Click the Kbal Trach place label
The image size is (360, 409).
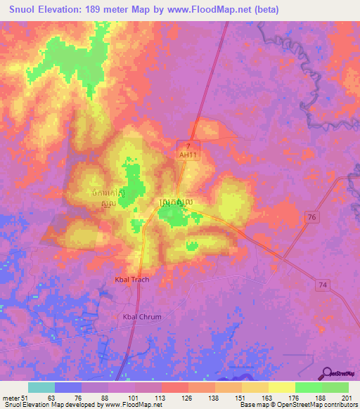(x=131, y=280)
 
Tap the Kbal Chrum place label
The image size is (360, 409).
(x=142, y=317)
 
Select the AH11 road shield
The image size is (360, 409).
(x=186, y=155)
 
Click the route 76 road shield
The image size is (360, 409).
(x=311, y=219)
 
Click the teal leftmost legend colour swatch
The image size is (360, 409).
(x=41, y=387)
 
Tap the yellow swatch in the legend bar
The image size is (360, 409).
(x=282, y=387)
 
